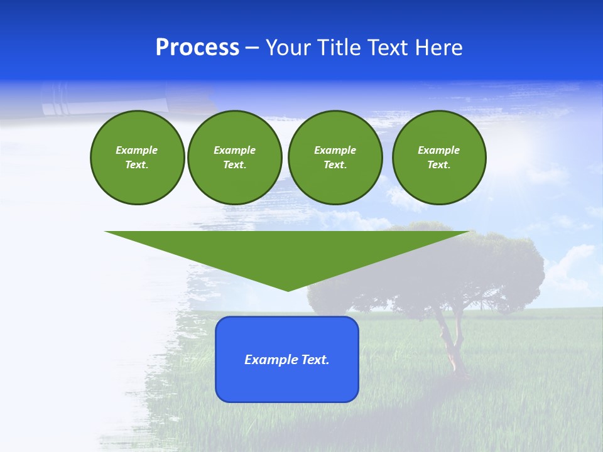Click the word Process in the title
197,48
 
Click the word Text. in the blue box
315,360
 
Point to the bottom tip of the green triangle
288,289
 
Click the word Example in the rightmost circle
439,150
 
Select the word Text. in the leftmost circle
137,164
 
